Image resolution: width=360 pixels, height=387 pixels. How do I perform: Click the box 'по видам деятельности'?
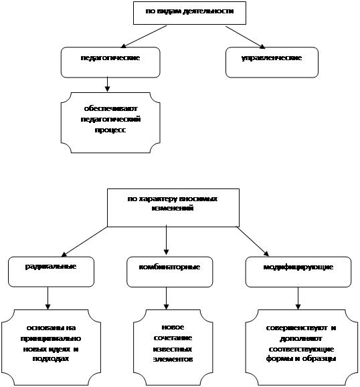point(189,13)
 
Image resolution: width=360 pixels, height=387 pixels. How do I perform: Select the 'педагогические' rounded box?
point(110,62)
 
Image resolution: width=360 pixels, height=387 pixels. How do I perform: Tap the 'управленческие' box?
point(272,62)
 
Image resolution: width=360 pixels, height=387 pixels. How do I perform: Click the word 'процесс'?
point(110,130)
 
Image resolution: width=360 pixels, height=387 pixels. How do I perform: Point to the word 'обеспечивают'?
point(110,108)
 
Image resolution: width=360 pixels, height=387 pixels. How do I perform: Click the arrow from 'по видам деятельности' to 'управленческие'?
point(245,37)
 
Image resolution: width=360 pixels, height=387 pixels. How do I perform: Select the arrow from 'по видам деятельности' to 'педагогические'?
point(144,37)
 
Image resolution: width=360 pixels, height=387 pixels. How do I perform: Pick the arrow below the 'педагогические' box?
point(107,84)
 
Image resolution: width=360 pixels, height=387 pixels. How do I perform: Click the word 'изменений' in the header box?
point(173,208)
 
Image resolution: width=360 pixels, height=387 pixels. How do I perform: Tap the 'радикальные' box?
point(51,272)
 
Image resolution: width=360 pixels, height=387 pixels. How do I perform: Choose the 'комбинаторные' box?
point(170,272)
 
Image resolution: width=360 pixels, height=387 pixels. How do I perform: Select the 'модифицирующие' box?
point(298,272)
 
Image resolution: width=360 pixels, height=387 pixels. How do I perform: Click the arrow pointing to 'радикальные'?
point(84,242)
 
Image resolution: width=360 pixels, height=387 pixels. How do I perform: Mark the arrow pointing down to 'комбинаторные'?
point(167,240)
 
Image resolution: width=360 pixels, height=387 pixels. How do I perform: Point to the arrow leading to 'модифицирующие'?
point(253,241)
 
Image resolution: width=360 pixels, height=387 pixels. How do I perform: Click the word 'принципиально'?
point(51,338)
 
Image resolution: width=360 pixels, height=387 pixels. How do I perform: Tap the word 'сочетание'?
point(173,338)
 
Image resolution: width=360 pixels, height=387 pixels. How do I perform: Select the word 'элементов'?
point(173,360)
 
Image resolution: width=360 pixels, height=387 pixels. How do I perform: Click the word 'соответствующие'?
point(301,350)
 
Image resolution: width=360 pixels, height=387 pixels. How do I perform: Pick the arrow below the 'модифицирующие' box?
point(298,298)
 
